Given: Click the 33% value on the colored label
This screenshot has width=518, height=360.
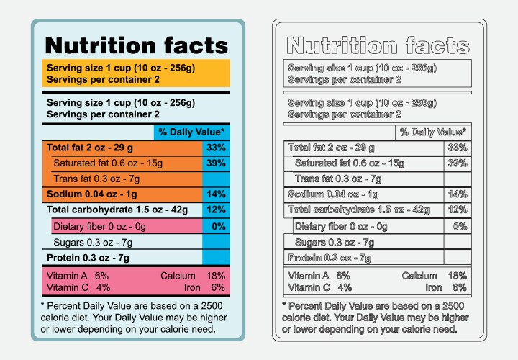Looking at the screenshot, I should tap(216, 148).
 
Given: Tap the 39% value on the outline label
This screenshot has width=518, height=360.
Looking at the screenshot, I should tap(458, 163).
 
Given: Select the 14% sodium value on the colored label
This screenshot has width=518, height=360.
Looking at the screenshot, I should tap(216, 194).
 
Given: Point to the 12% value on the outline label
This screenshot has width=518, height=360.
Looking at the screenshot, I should tap(458, 210).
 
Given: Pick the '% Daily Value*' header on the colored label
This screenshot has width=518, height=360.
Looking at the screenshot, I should tap(192, 132).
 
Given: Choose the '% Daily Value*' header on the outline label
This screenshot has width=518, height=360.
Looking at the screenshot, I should tap(433, 132).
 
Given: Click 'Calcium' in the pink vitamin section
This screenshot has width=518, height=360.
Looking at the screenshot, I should tap(178, 276).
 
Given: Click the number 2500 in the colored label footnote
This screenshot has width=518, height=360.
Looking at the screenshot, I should tap(205, 305).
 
